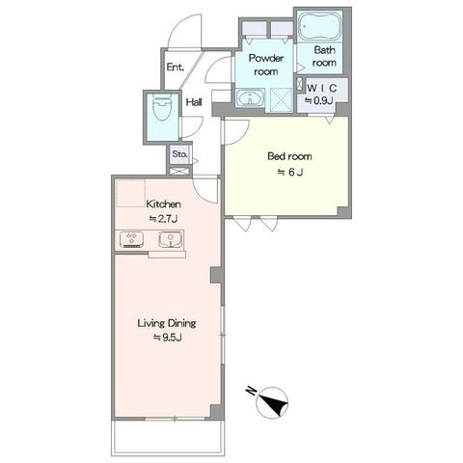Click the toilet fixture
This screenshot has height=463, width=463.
pos(162,108)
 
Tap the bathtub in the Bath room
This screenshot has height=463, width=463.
pos(319,26)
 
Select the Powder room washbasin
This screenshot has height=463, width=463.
pos(250,97)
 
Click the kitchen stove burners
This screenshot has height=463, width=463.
pos(132,239)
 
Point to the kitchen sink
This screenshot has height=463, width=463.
pos(171,240)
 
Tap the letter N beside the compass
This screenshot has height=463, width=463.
pos(251,391)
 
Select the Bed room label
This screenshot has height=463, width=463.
pos(289,156)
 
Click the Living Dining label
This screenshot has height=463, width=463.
pos(167,323)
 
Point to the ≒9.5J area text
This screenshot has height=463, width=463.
pos(167,338)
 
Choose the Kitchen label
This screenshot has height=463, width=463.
pos(163,204)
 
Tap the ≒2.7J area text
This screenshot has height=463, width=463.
pos(163,219)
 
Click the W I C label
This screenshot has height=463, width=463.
pos(321,88)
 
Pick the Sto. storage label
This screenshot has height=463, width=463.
pos(179,154)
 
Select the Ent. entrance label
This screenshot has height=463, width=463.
pos(176,68)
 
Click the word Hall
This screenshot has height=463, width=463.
pos(194,102)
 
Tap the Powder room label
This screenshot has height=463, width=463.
pos(266,65)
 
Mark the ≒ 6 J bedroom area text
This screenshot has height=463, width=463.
pos(290,173)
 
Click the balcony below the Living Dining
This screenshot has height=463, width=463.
pos(168,437)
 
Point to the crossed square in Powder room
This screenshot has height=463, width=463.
pos(281,99)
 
